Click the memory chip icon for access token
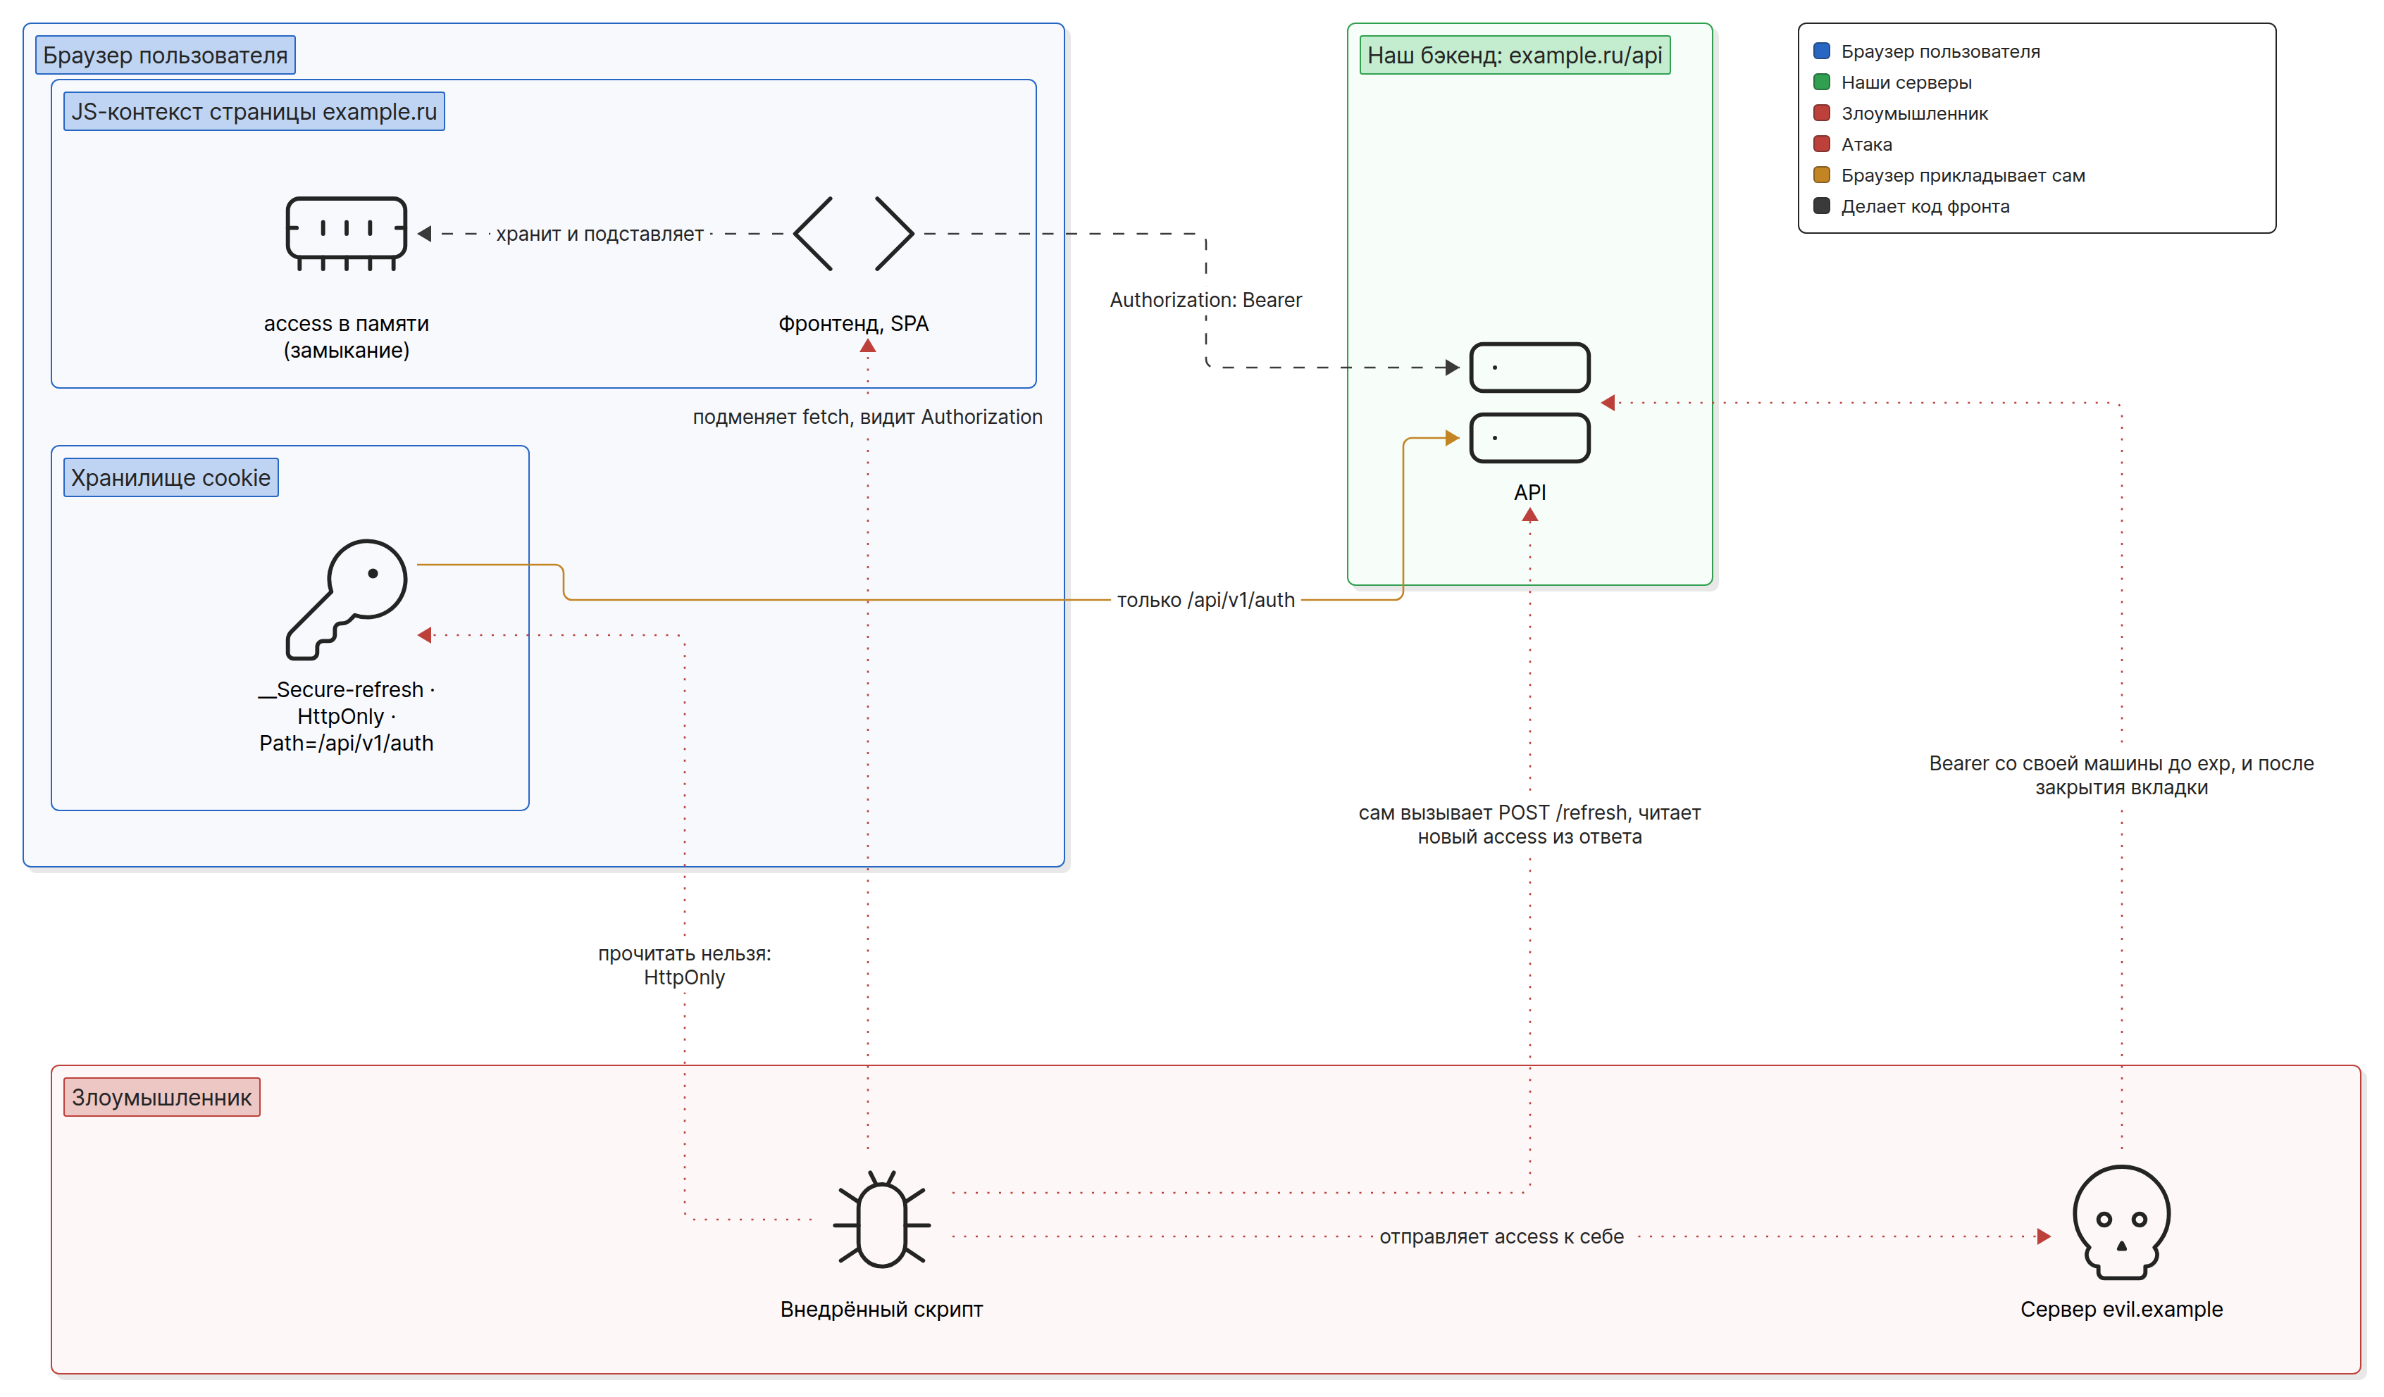346,234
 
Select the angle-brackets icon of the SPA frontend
853,234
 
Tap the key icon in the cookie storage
346,600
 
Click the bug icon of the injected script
882,1219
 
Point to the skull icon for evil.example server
2121,1222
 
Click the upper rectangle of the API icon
1529,367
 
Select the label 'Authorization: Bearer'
1205,300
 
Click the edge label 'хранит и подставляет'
600,234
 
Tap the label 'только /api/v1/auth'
1205,600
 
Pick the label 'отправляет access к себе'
1501,1236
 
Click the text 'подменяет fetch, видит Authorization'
867,417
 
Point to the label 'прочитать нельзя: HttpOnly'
684,965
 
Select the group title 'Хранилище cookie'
170,477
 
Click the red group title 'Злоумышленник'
162,1097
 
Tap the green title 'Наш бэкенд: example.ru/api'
1515,55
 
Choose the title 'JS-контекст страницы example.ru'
254,112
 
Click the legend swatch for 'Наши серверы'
1821,82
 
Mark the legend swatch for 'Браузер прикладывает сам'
1821,175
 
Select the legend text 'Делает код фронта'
1925,206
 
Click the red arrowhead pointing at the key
425,634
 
